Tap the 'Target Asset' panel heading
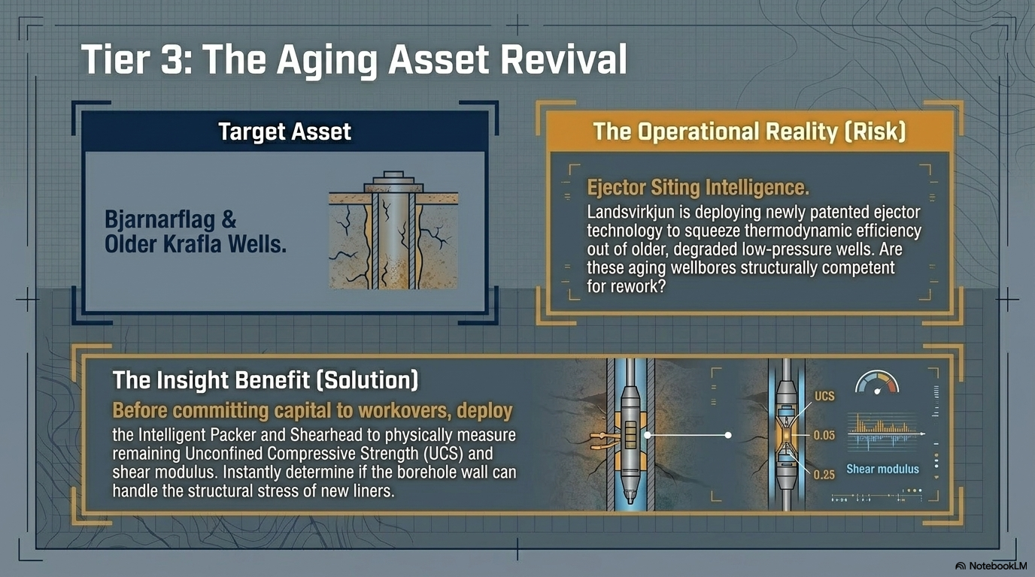284,131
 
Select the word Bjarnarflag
160,219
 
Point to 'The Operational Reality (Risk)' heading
749,131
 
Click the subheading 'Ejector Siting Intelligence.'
698,187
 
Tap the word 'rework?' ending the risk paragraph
626,287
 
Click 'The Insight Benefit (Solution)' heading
266,380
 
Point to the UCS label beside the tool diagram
824,396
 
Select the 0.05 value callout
824,435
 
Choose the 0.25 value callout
824,475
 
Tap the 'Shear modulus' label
882,469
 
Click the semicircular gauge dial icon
877,382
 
